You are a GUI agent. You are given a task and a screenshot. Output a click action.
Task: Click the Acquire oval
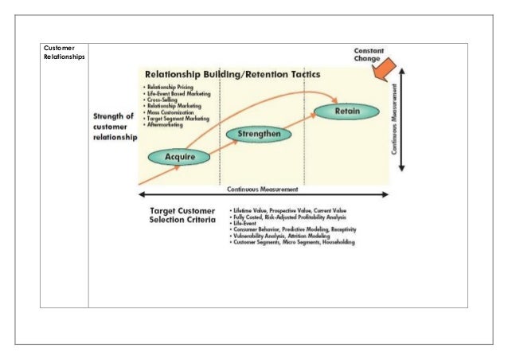[x=180, y=157]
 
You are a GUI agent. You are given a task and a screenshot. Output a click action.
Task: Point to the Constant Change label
[x=369, y=54]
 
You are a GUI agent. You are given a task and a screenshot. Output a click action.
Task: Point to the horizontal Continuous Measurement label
[x=263, y=190]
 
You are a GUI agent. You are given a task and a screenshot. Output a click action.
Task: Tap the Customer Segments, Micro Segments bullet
[x=293, y=241]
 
